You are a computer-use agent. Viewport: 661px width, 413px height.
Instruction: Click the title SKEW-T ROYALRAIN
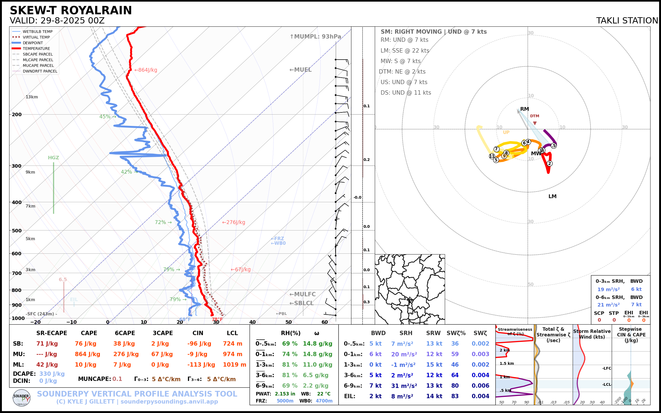pos(71,11)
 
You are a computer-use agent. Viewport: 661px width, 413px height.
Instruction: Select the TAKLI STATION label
pos(627,21)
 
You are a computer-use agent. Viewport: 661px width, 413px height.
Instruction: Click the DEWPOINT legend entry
pos(33,43)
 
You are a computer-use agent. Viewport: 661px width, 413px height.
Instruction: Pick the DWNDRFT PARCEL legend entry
pos(40,71)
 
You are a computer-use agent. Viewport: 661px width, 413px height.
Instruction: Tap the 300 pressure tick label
pos(16,166)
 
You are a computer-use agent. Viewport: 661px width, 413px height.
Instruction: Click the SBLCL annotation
pos(302,303)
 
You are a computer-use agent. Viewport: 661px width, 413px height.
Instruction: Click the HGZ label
pos(54,158)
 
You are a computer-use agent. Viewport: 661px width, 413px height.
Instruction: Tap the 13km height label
pos(32,97)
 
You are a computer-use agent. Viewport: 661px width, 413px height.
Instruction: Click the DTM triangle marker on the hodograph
pos(535,123)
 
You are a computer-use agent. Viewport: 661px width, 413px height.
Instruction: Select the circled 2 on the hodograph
pos(550,164)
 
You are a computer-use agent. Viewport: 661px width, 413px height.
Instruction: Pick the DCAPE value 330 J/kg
pos(52,374)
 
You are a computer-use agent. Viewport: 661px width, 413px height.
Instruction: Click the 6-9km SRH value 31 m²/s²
pos(404,386)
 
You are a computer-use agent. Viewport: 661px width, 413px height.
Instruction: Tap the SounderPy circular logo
pos(22,398)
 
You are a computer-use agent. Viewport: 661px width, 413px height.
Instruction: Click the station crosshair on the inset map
pos(410,300)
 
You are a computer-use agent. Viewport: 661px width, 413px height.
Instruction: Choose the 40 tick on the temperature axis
pos(252,322)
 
